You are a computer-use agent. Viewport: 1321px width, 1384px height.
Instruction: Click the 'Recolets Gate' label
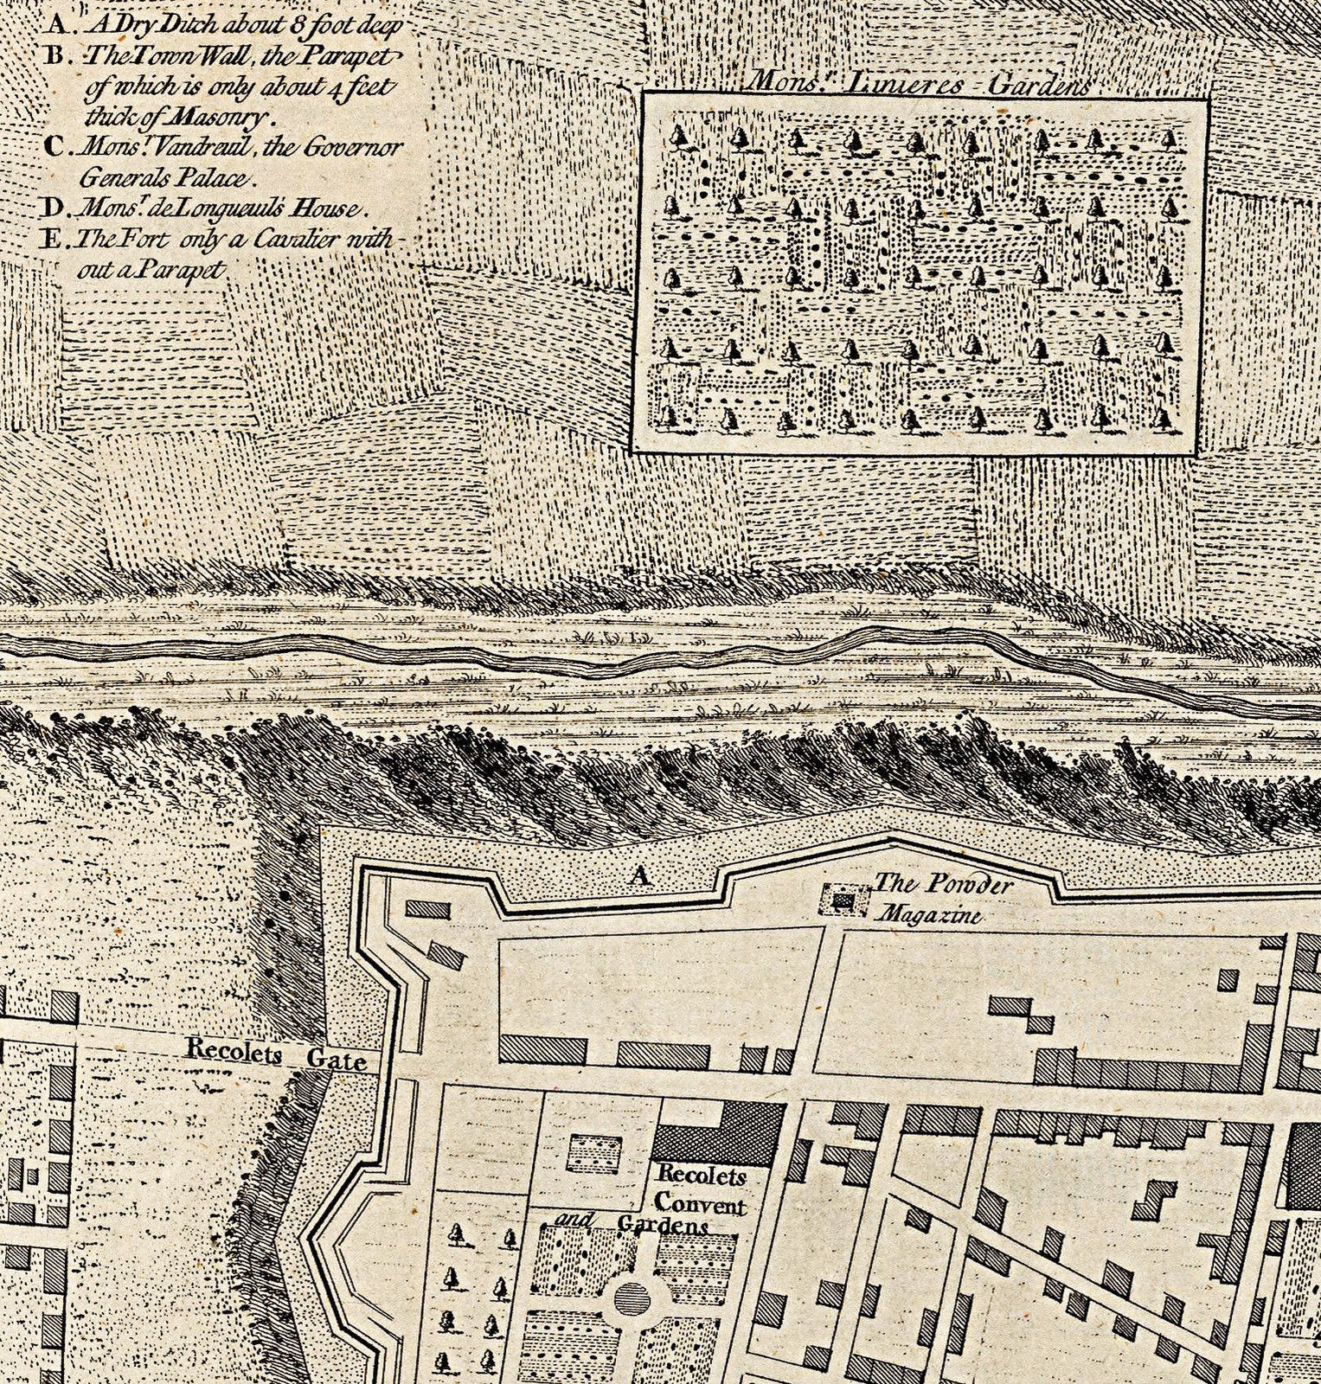click(x=276, y=1055)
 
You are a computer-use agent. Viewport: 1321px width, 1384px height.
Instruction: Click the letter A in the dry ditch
click(x=639, y=877)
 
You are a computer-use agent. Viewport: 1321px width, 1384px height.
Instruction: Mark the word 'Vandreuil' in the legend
click(x=193, y=147)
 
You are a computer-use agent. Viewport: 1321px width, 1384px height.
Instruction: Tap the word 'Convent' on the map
click(x=699, y=1202)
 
